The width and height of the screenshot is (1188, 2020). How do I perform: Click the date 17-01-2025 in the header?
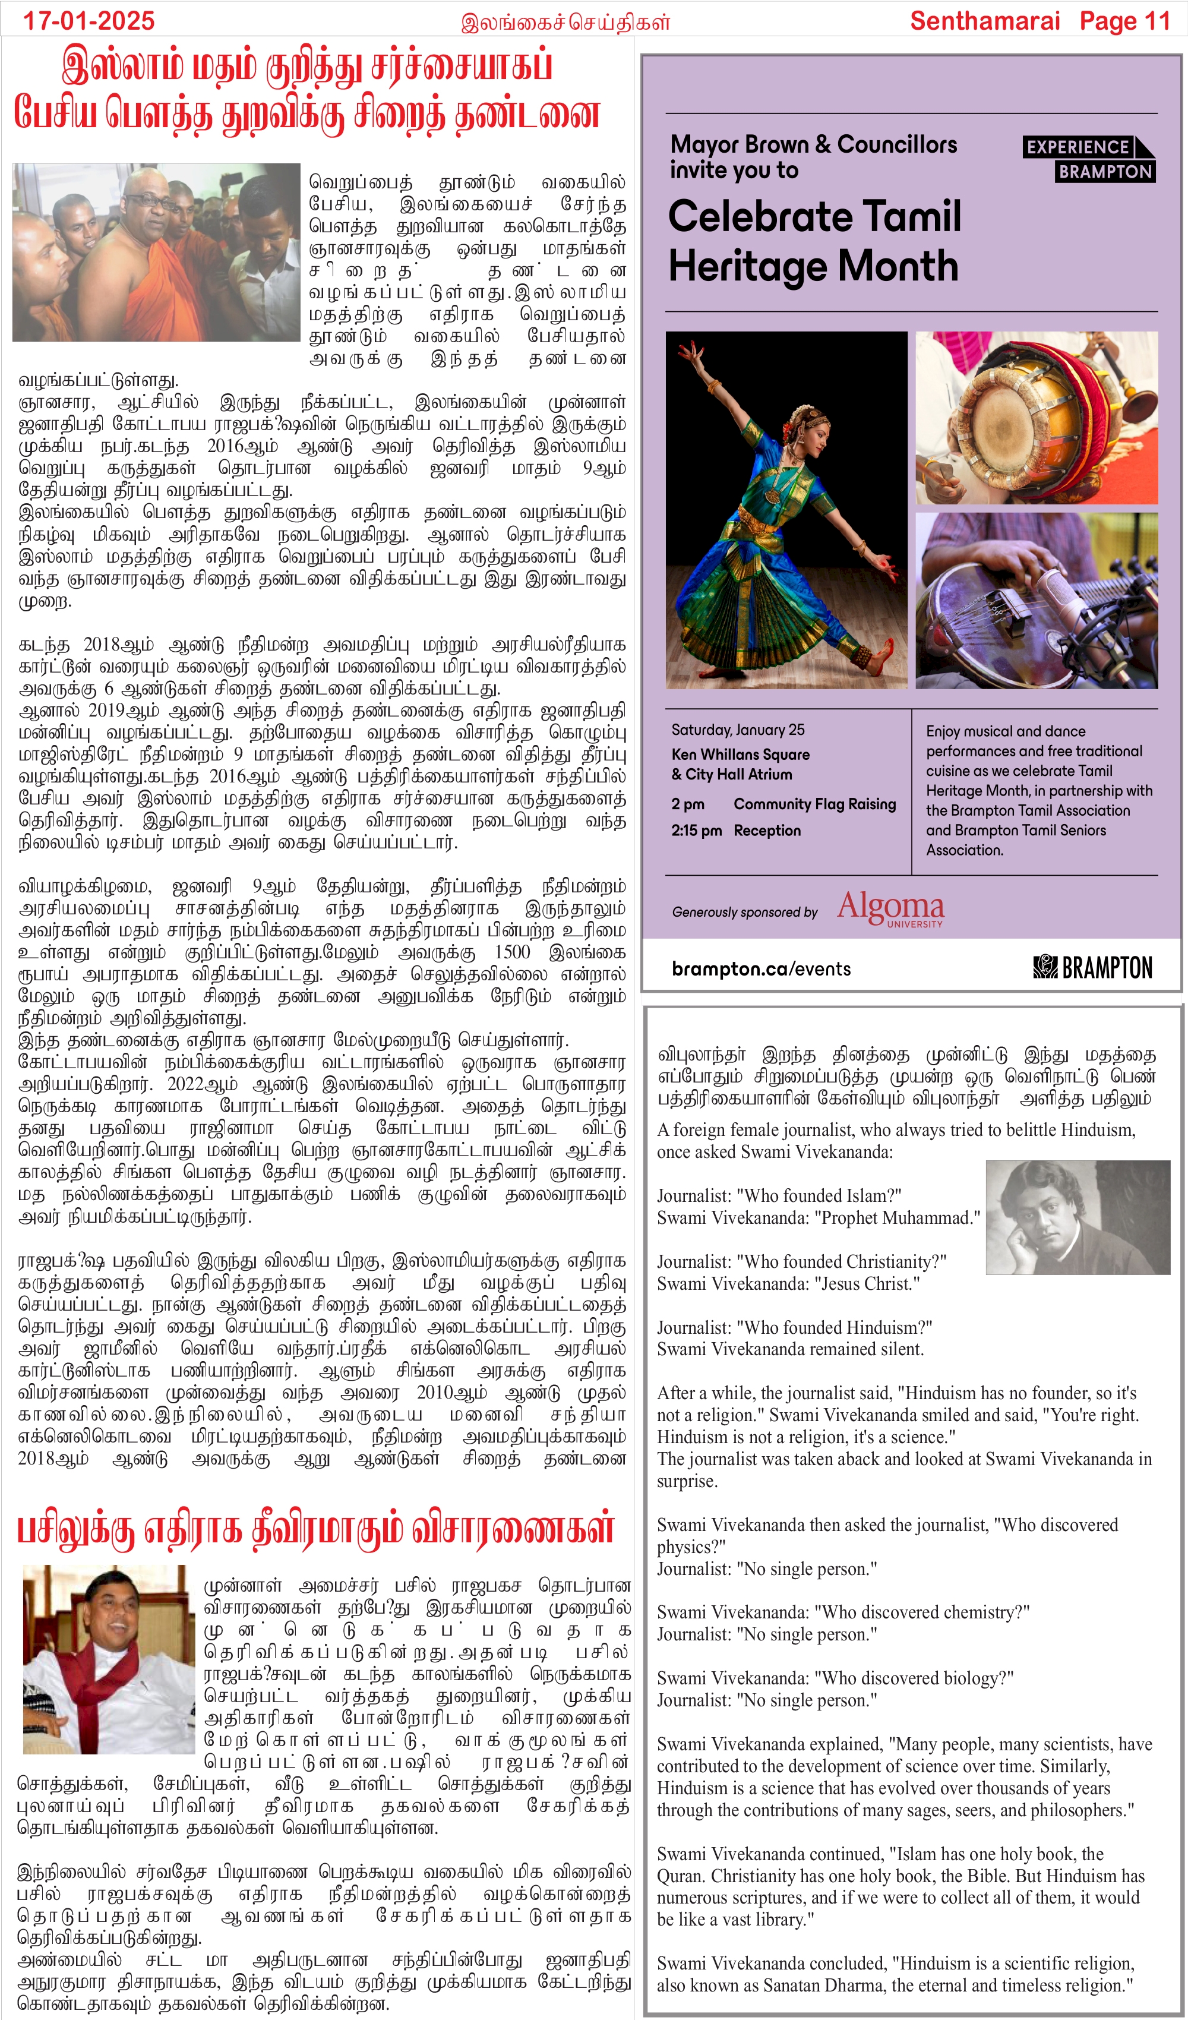(x=88, y=21)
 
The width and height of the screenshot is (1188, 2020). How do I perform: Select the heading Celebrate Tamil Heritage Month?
(x=814, y=241)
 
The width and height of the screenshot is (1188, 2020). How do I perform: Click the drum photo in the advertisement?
(x=1036, y=417)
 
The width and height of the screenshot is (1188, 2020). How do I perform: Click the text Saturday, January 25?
(x=738, y=730)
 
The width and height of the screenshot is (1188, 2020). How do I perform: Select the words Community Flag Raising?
(x=814, y=804)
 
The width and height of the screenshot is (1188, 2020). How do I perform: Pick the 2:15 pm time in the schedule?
(x=696, y=831)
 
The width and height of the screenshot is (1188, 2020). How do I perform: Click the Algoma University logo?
(x=890, y=908)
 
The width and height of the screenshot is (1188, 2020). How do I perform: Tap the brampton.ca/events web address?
(x=761, y=968)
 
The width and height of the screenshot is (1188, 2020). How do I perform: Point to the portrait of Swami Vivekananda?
(x=1076, y=1217)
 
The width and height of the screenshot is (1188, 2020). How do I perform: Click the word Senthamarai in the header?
(x=984, y=21)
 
